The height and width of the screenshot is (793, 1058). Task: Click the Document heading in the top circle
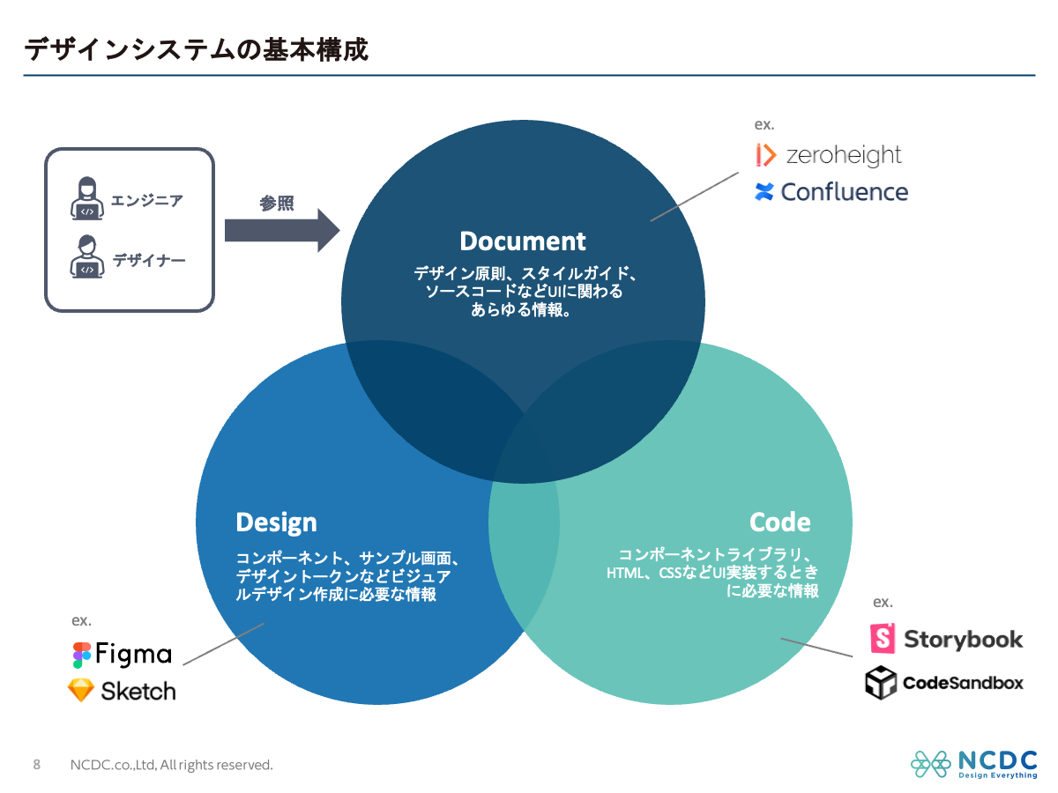(x=523, y=241)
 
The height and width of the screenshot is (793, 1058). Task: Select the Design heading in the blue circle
(x=276, y=522)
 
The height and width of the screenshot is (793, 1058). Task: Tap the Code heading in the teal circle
(x=779, y=522)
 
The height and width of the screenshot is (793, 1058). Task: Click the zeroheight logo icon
(x=765, y=155)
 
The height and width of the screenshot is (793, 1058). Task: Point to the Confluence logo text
(x=844, y=192)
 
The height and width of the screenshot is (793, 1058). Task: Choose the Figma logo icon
(x=82, y=655)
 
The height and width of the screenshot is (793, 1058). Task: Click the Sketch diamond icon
(x=81, y=690)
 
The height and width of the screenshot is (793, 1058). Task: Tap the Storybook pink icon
(x=883, y=639)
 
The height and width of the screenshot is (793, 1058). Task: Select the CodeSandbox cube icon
(x=881, y=683)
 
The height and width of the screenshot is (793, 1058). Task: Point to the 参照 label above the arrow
(x=276, y=204)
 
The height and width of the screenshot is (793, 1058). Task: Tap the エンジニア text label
(x=147, y=200)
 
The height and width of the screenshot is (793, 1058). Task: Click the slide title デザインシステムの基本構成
(x=196, y=49)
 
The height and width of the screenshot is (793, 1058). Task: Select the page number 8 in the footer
(x=36, y=764)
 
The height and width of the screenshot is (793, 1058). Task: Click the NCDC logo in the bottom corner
(x=973, y=764)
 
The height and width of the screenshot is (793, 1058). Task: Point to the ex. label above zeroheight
(x=764, y=125)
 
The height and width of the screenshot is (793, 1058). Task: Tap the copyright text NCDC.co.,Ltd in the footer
(x=171, y=765)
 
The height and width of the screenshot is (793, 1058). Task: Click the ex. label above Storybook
(x=883, y=603)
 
